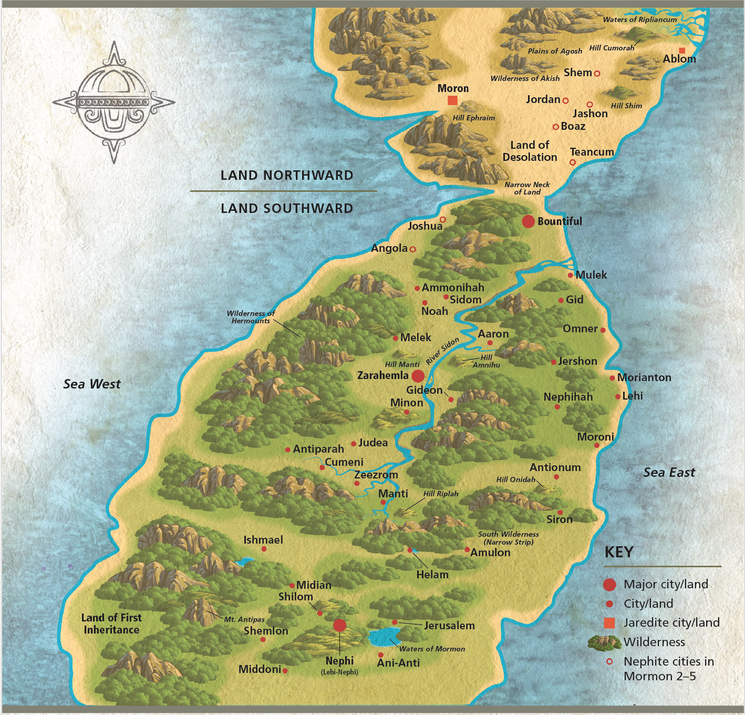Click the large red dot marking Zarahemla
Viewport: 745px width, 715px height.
point(418,376)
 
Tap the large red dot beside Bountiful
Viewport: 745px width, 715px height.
point(528,221)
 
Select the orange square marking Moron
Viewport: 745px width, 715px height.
point(452,100)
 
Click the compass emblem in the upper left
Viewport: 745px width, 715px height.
point(114,102)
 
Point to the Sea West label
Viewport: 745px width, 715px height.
point(92,384)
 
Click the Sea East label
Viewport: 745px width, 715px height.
point(669,473)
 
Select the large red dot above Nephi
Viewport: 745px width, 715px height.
point(339,625)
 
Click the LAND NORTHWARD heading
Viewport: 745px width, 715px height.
point(286,175)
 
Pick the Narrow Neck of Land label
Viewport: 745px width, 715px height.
point(527,188)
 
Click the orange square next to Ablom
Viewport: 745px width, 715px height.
point(682,50)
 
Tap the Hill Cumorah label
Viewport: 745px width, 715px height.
point(612,48)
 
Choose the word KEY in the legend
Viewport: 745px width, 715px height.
point(619,552)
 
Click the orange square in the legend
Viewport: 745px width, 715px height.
point(609,623)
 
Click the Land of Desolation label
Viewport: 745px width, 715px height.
point(530,151)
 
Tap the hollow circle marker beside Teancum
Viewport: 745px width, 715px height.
point(573,162)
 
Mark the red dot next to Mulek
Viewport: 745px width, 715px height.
point(571,275)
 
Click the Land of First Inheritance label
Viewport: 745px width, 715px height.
point(111,624)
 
